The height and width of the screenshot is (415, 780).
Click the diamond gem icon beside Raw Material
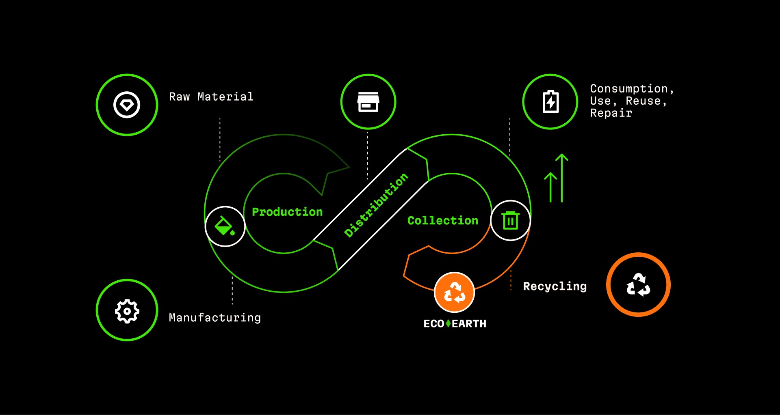pyautogui.click(x=127, y=105)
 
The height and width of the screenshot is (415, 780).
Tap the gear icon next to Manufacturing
pyautogui.click(x=127, y=311)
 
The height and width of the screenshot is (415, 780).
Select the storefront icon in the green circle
pyautogui.click(x=368, y=101)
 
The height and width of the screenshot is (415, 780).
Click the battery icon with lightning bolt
pyautogui.click(x=550, y=101)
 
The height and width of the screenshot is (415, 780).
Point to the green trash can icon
pyautogui.click(x=511, y=220)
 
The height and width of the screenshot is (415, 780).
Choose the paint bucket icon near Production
pyautogui.click(x=225, y=226)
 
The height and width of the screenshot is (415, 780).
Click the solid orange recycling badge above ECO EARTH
pyautogui.click(x=454, y=292)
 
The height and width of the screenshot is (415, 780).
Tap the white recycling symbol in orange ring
pyautogui.click(x=638, y=284)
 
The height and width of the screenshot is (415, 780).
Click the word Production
pyautogui.click(x=287, y=212)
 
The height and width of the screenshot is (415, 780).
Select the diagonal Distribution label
pyautogui.click(x=376, y=205)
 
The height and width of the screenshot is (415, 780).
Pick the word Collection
pyautogui.click(x=443, y=220)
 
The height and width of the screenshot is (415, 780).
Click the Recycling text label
pyautogui.click(x=555, y=286)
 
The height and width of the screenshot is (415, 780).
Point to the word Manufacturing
pyautogui.click(x=215, y=317)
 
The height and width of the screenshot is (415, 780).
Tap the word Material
pyautogui.click(x=225, y=97)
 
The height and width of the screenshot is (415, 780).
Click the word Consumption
pyautogui.click(x=629, y=88)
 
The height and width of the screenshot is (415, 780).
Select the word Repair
pyautogui.click(x=611, y=113)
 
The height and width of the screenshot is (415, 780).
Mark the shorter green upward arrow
pyautogui.click(x=550, y=187)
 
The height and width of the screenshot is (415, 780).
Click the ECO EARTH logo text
pyautogui.click(x=455, y=324)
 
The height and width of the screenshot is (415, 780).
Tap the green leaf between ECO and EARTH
pyautogui.click(x=448, y=323)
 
